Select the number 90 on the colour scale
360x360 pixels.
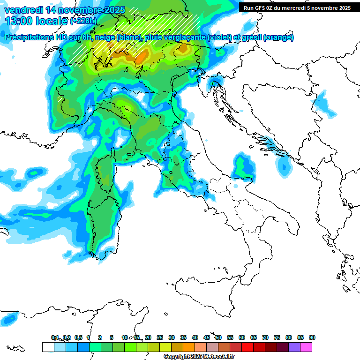(x=312, y=338)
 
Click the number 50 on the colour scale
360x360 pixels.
(x=218, y=338)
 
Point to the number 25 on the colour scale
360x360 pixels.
(x=160, y=338)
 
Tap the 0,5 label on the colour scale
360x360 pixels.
(x=78, y=338)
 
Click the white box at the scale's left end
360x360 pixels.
(x=48, y=347)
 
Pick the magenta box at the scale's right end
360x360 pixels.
(x=306, y=347)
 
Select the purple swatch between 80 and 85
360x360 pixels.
(x=294, y=347)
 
